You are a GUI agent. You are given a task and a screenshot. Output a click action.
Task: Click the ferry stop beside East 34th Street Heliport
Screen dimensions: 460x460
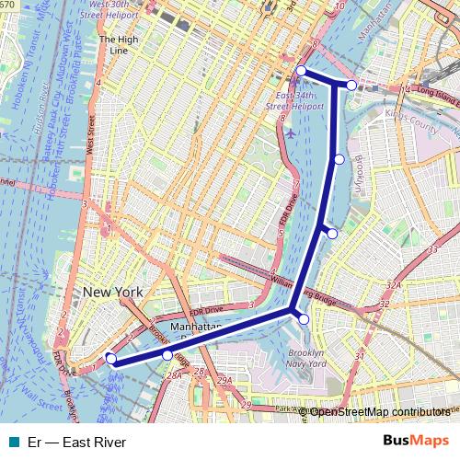[x=301, y=71]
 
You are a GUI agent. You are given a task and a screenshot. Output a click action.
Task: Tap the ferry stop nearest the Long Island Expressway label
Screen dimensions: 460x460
[x=351, y=85]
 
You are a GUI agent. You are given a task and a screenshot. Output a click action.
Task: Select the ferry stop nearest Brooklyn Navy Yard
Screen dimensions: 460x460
[x=304, y=318]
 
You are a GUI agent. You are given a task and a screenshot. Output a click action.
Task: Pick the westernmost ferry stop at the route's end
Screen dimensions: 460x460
[x=110, y=359]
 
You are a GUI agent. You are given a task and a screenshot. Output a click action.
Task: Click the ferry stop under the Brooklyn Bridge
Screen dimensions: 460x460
[x=167, y=354]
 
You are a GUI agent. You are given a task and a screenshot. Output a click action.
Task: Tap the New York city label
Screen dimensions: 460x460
[x=113, y=292]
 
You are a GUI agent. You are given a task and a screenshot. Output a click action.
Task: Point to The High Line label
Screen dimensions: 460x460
[x=120, y=45]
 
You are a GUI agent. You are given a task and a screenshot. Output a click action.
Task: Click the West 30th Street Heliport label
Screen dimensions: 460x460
[x=112, y=10]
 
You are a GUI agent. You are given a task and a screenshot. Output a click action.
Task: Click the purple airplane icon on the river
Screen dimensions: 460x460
[x=291, y=132]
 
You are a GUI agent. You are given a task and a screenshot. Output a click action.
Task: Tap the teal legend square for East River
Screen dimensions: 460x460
[x=12, y=442]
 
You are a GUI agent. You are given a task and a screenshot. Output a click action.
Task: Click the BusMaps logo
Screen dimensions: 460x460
[x=417, y=442]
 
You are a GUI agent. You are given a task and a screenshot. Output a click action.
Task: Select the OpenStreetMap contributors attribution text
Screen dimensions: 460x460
[x=380, y=411]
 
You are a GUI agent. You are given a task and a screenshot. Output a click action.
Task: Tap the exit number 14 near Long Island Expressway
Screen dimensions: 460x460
[x=407, y=90]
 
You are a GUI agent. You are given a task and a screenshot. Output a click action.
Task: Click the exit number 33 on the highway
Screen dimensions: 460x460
[x=431, y=249]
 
